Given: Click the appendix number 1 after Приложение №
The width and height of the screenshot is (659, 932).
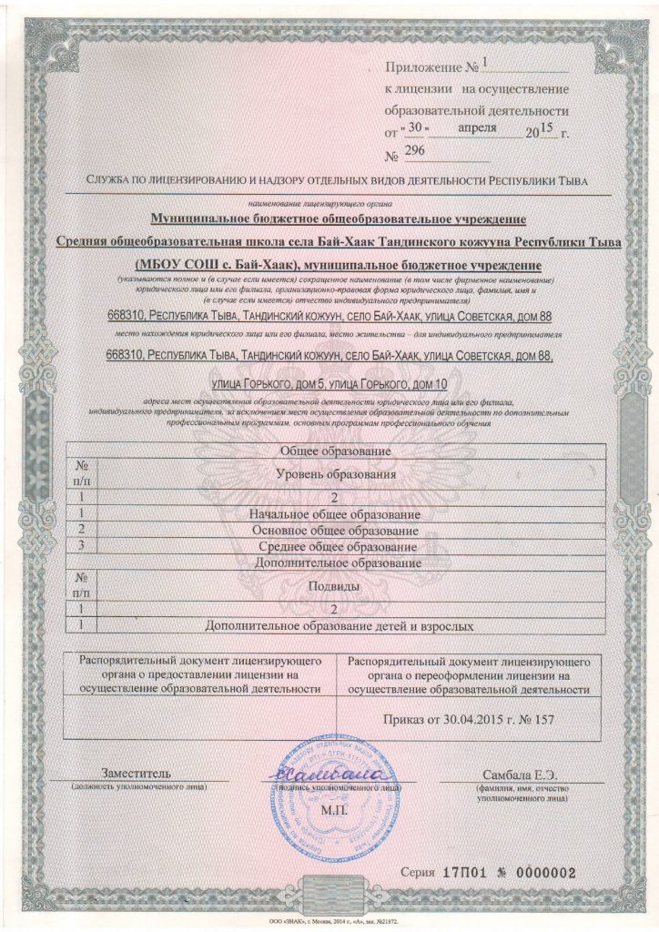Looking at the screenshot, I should (485, 64).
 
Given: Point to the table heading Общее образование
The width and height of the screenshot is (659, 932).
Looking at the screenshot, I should (335, 451).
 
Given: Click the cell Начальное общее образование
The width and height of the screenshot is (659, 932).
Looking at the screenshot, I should (335, 515).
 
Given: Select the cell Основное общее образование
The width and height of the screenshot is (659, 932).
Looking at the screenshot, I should (335, 531).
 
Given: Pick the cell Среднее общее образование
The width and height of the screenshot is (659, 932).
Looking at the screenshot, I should (335, 547).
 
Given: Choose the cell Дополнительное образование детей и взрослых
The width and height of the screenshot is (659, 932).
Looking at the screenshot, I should (335, 626).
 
